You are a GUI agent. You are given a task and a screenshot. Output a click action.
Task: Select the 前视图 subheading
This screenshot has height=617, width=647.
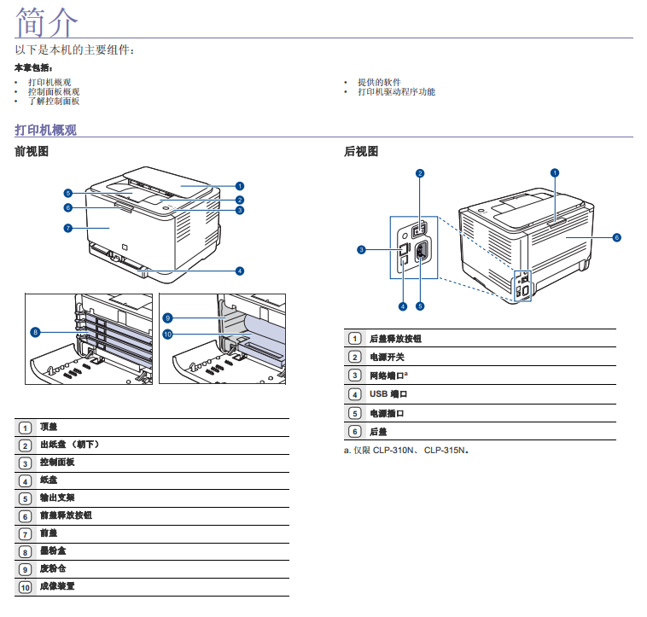(x=32, y=152)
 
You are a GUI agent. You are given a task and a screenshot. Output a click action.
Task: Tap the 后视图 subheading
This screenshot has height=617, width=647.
(x=360, y=152)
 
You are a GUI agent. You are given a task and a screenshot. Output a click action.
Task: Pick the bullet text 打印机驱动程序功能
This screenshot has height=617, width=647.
(x=396, y=91)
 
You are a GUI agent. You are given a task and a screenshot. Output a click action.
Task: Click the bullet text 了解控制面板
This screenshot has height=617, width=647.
(x=53, y=101)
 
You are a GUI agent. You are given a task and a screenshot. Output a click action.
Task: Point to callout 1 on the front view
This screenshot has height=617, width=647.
(x=240, y=185)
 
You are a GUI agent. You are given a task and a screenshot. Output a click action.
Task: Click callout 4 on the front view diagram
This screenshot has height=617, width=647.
(x=240, y=271)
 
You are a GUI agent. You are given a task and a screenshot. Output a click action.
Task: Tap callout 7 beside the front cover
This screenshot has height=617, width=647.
(x=67, y=228)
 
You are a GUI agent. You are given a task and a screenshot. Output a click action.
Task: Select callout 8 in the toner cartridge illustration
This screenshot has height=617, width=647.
(x=35, y=331)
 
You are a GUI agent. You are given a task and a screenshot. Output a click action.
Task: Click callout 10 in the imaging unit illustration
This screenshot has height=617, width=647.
(x=167, y=334)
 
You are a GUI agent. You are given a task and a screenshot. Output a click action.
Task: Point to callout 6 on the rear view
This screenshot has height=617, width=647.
(x=616, y=237)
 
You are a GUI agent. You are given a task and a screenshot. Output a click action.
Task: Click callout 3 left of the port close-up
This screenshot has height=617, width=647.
(x=361, y=250)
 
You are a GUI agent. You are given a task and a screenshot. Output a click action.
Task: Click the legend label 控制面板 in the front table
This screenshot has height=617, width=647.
(x=57, y=462)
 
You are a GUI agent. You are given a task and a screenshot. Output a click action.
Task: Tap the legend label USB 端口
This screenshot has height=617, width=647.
(x=388, y=394)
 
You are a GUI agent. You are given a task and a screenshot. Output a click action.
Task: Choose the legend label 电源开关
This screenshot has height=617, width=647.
(x=386, y=357)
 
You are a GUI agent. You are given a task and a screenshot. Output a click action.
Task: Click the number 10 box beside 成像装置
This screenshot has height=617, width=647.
(x=25, y=587)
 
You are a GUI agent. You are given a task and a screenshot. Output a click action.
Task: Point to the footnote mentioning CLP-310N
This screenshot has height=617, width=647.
(x=406, y=450)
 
